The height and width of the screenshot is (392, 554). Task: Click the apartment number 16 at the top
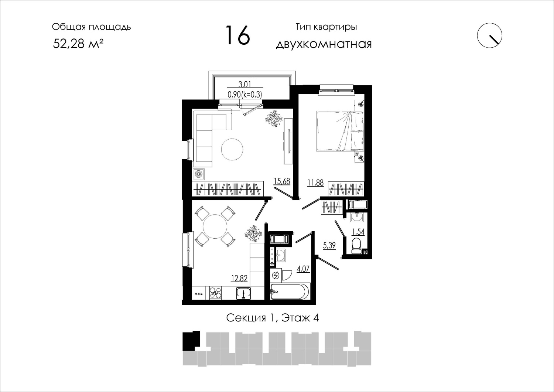237,35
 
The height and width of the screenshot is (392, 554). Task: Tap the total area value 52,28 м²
78,44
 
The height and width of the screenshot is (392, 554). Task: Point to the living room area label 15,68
282,181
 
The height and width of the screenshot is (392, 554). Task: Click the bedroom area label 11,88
315,183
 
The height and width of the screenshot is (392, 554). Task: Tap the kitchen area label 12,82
239,279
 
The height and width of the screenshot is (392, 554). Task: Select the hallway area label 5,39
329,245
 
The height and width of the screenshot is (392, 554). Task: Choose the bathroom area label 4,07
303,269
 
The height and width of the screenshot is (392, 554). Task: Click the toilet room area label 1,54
358,232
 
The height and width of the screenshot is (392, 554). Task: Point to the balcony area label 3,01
244,84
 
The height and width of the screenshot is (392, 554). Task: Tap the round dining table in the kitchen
215,226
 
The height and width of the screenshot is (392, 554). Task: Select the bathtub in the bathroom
290,292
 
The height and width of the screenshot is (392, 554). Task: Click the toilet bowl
356,245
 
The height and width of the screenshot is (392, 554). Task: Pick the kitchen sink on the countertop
244,293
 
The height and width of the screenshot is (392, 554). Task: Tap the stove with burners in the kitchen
215,293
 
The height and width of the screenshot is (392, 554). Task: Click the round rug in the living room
232,150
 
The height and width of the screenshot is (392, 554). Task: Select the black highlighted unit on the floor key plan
191,341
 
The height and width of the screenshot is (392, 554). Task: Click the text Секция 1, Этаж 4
272,318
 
